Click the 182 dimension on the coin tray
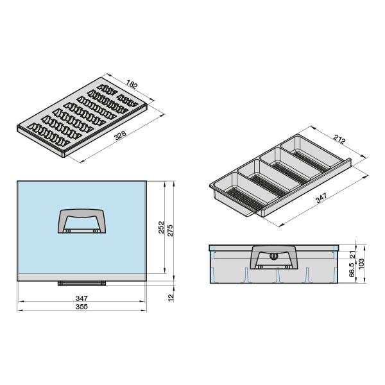click(x=132, y=84)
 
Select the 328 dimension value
click(x=121, y=135)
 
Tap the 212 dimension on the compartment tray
click(x=339, y=139)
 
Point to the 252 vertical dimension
click(x=161, y=227)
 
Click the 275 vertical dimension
click(x=170, y=230)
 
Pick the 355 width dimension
click(x=81, y=307)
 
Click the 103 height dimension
click(x=361, y=264)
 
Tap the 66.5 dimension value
click(x=352, y=270)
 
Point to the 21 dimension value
click(x=352, y=255)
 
